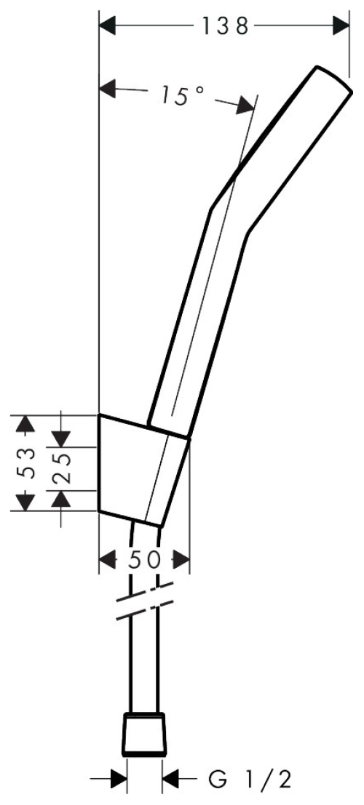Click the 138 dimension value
(x=225, y=25)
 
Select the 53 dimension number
(x=28, y=462)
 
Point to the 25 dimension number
(x=62, y=469)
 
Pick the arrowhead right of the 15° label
(x=246, y=105)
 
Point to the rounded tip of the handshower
(x=333, y=79)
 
